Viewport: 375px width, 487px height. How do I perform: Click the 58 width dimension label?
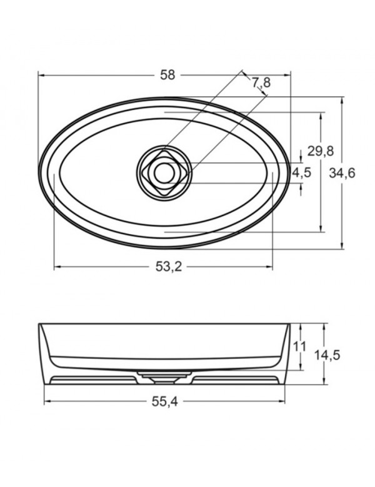click(167, 75)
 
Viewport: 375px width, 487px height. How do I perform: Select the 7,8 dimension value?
click(261, 82)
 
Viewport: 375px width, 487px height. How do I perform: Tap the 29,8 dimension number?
click(321, 150)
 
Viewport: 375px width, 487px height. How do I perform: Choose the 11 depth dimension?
click(299, 346)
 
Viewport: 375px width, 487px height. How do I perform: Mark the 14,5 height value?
click(326, 355)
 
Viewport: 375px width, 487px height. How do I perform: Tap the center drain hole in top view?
click(164, 172)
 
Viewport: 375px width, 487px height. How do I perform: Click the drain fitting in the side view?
click(164, 376)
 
